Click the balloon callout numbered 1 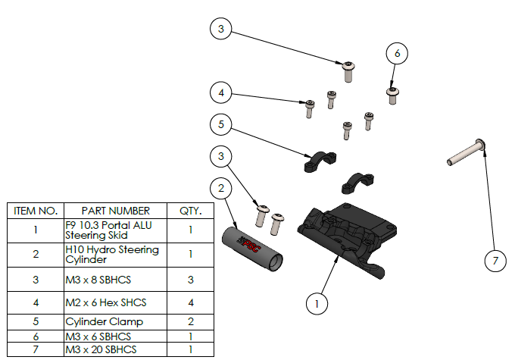pyautogui.click(x=317, y=304)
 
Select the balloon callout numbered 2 pyautogui.click(x=220, y=187)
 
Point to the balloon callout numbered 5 pyautogui.click(x=220, y=124)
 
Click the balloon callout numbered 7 pyautogui.click(x=495, y=261)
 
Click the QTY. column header pyautogui.click(x=190, y=211)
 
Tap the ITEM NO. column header pyautogui.click(x=36, y=211)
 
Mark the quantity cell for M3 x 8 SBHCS pyautogui.click(x=190, y=280)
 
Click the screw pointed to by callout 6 pyautogui.click(x=392, y=94)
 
